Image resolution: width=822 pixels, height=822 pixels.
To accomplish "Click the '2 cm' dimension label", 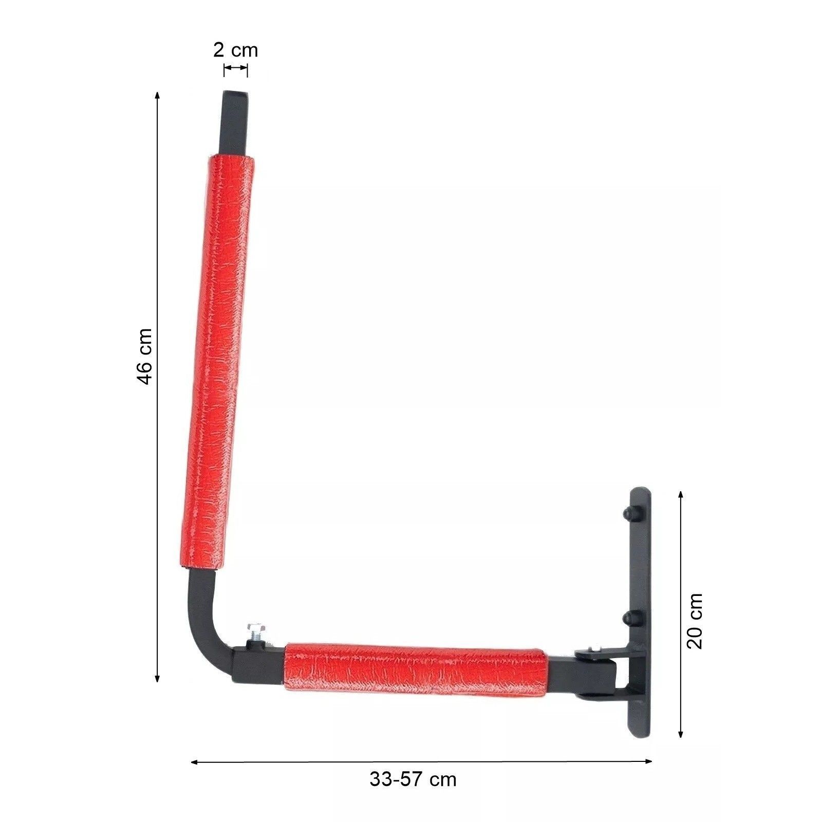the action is click(x=236, y=50).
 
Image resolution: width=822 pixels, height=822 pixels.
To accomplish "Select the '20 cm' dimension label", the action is click(x=695, y=621).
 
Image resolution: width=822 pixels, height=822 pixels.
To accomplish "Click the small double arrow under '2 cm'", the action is click(x=236, y=68).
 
